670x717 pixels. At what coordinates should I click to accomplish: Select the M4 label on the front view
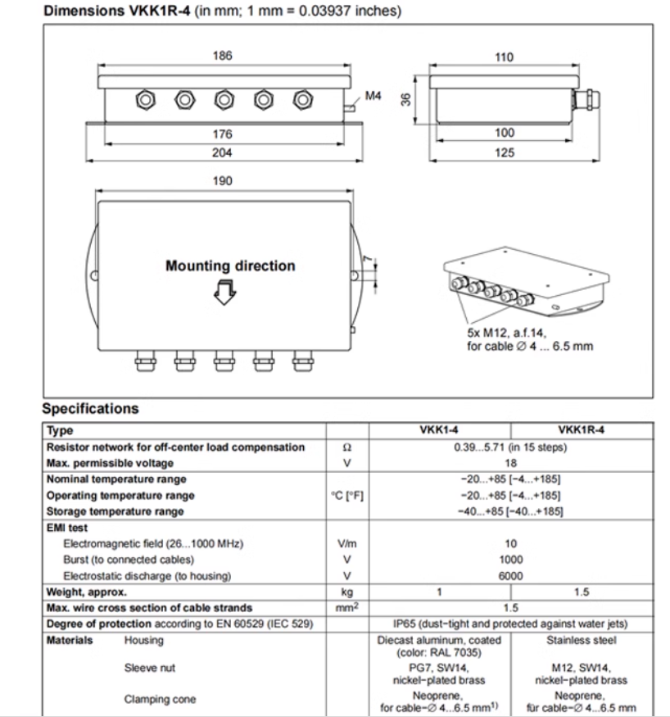373,95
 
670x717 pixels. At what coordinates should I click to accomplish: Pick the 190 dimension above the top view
223,180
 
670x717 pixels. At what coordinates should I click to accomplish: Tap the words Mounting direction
230,266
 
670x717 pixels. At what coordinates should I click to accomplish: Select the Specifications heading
90,408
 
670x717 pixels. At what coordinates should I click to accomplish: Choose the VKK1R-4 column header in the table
581,430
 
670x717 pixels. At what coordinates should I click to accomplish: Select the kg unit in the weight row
346,592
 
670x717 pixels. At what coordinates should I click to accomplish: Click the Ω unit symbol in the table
346,447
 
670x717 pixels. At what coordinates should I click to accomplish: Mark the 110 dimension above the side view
505,57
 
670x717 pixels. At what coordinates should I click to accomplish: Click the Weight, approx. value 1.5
581,592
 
